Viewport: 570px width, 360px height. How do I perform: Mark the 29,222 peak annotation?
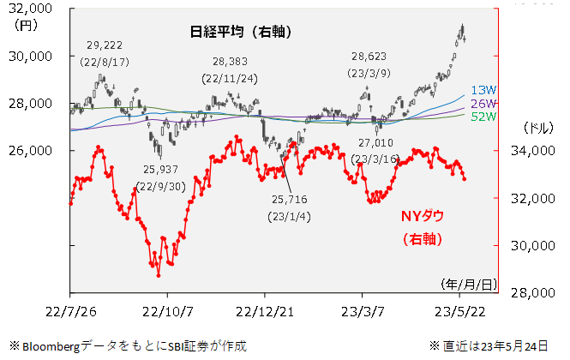coord(105,45)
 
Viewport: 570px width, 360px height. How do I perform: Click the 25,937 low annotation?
coord(161,170)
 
